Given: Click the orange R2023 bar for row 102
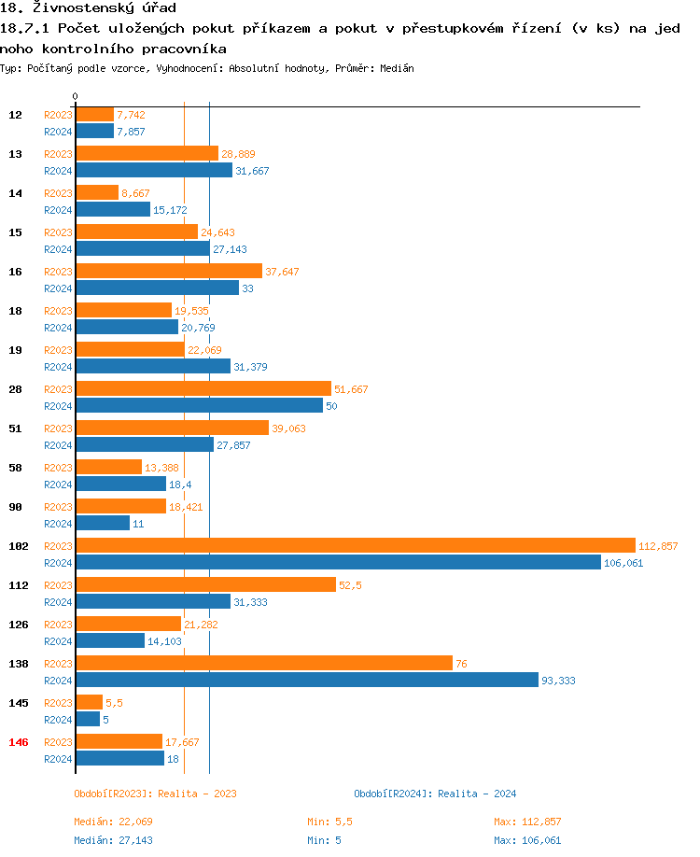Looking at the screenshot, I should tap(355, 545).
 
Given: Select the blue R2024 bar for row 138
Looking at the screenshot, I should tap(307, 680).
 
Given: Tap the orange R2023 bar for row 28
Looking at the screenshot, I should tap(203, 388).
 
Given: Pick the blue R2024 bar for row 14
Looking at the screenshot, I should tap(113, 209).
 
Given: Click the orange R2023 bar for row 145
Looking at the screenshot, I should tap(90, 702).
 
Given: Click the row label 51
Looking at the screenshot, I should tap(16, 428).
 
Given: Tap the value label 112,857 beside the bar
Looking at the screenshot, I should tap(658, 546).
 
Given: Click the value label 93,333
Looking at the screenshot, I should tap(558, 681).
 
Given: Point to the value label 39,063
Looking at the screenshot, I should tap(288, 428).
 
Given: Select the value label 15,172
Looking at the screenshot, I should tap(170, 210).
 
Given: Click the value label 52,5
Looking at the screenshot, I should tap(350, 585).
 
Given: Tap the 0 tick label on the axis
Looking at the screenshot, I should tap(76, 96).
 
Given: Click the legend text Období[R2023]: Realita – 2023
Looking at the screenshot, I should tap(155, 794).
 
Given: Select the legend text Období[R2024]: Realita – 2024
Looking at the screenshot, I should tap(435, 794).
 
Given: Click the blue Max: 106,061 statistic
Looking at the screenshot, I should tap(527, 840).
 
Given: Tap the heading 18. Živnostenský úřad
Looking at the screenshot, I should tap(88, 8).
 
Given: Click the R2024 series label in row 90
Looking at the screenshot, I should tap(59, 524).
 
